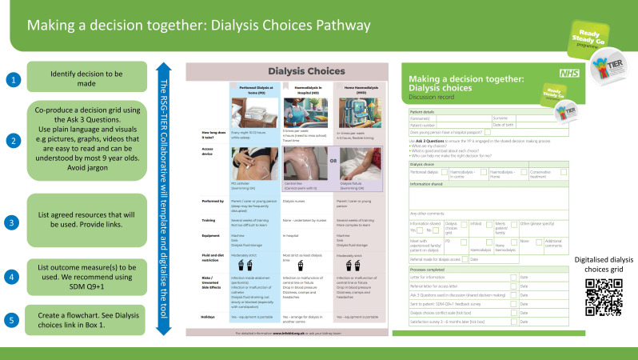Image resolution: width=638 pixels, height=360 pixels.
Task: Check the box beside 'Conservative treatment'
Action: click(541, 171)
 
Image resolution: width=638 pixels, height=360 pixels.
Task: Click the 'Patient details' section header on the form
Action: click(423, 111)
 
